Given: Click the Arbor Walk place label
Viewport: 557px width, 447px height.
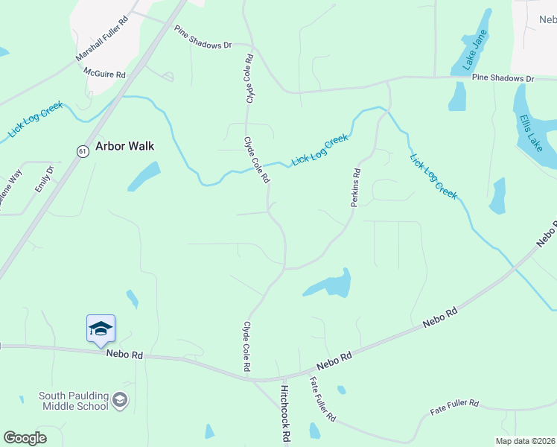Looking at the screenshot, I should tap(124, 146).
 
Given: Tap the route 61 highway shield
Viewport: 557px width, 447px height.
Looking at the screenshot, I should tap(83, 150).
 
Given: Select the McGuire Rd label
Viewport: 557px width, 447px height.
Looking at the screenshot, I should tap(104, 74).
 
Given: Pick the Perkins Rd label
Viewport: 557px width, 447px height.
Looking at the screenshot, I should tap(356, 187).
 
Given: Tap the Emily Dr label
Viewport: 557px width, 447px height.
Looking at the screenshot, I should tap(45, 180).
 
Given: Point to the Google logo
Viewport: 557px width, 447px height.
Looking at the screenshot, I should tap(25, 438).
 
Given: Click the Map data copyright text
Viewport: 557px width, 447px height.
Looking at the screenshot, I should tap(525, 441).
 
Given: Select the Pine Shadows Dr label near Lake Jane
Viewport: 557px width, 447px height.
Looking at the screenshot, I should tap(503, 77).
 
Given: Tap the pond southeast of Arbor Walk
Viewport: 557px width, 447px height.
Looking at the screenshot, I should tap(144, 176).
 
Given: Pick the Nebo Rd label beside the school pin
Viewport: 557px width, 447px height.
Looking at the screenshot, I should tap(124, 355).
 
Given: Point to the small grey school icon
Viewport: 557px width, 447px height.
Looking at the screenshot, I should tap(119, 402).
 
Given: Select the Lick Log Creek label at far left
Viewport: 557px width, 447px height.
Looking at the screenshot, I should tap(34, 120).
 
